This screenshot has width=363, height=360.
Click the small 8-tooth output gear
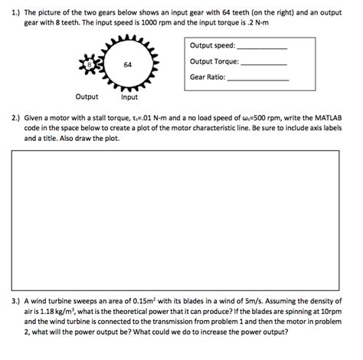89,66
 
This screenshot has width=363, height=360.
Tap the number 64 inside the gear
129,66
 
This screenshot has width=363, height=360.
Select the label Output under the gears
87,97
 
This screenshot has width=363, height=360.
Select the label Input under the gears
129,97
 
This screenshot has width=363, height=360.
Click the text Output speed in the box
213,46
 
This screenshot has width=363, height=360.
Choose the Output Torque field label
214,61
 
